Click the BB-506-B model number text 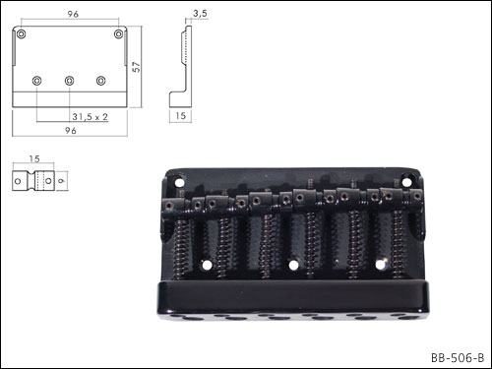click(458, 357)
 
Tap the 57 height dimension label click(136, 67)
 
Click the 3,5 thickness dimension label click(200, 14)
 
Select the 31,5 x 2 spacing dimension click(90, 117)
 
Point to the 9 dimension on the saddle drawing click(62, 181)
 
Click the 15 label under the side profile click(180, 116)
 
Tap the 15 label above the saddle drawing click(34, 158)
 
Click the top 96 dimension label click(73, 14)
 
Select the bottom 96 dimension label click(71, 131)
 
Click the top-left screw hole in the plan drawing click(22, 33)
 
